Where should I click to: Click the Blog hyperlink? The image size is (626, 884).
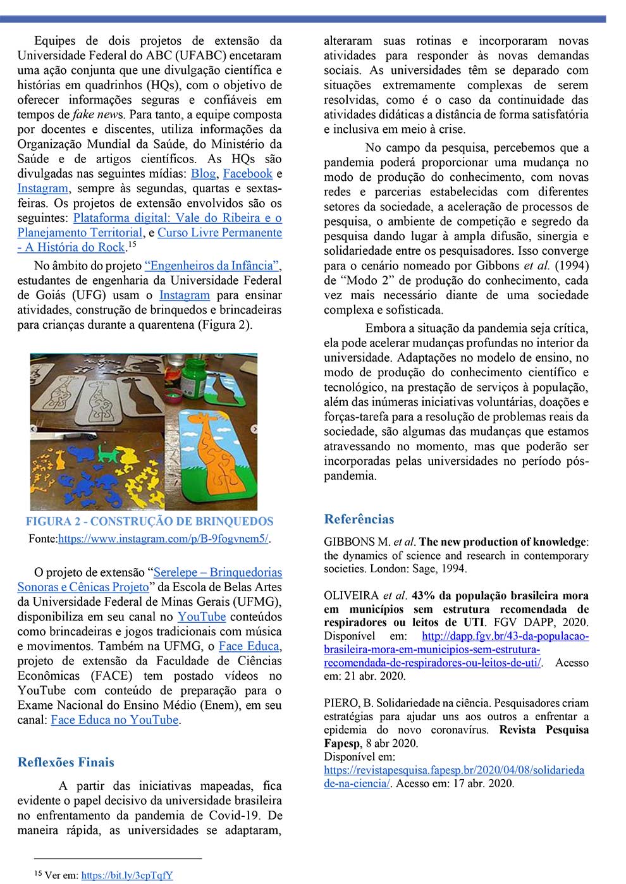(203, 174)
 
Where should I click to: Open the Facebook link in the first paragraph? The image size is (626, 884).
(247, 174)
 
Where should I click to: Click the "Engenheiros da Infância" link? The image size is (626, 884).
(212, 266)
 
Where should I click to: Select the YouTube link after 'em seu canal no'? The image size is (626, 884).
(201, 617)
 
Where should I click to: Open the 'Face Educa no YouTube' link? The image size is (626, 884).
(114, 720)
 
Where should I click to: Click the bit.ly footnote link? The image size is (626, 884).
(126, 875)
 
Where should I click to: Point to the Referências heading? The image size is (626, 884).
(359, 519)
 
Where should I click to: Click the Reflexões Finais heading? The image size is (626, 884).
(66, 762)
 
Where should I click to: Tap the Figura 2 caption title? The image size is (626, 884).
(149, 522)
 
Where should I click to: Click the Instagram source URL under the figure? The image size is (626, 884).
(163, 539)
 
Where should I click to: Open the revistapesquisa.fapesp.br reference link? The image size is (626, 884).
(454, 770)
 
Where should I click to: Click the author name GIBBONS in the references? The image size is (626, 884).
(350, 542)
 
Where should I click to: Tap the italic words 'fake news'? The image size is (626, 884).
(98, 114)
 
